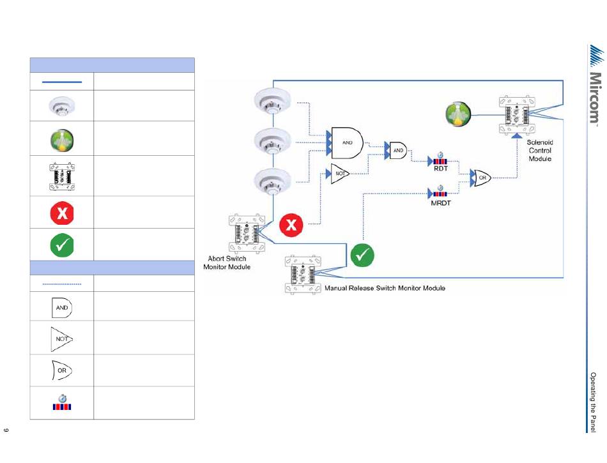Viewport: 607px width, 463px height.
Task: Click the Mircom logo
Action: pos(594,86)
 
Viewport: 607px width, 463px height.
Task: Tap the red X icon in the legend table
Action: pos(62,212)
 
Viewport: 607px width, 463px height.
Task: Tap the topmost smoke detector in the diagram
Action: pos(273,100)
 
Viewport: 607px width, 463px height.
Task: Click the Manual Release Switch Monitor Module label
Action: pos(385,288)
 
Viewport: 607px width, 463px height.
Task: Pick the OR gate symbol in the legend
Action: pos(62,370)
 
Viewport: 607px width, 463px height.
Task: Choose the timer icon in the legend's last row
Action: pos(62,403)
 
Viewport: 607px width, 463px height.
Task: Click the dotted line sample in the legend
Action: pos(62,284)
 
